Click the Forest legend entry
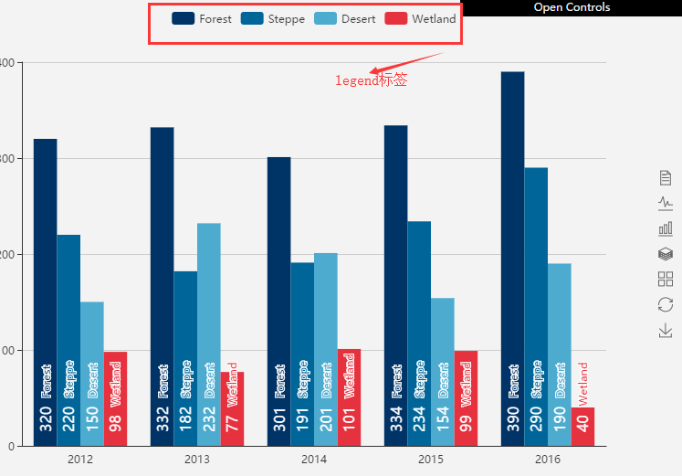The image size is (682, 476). [202, 18]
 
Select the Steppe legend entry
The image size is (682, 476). [273, 18]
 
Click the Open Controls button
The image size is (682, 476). [572, 7]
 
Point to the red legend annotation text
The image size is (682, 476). [371, 80]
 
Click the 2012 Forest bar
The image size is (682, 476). [45, 292]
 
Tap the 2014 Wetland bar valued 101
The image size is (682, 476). [350, 397]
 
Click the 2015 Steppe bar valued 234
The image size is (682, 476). [419, 333]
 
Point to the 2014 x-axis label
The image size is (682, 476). [314, 459]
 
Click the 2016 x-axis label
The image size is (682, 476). [548, 459]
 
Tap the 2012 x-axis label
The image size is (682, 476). [80, 459]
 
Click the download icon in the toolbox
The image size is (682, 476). [666, 330]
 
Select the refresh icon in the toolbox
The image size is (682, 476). [666, 304]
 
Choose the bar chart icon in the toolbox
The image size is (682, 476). [666, 228]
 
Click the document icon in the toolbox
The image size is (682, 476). [666, 177]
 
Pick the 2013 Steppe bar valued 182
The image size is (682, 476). [185, 358]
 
